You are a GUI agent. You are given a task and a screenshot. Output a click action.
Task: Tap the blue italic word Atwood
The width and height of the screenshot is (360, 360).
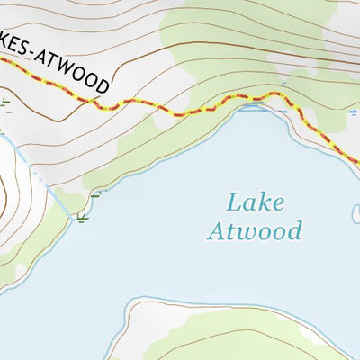[x=254, y=231]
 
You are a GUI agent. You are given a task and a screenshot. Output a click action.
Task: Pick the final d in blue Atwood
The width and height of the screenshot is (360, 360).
[x=293, y=231]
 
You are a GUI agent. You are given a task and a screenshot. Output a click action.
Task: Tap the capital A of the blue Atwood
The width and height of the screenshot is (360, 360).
[x=216, y=231]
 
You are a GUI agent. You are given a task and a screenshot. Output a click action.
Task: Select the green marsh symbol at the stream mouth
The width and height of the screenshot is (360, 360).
[x=83, y=218]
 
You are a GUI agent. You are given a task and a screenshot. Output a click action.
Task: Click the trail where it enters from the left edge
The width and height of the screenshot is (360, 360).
[x=4, y=59]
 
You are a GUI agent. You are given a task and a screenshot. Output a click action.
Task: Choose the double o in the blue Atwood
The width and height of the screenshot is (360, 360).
[x=269, y=232]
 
